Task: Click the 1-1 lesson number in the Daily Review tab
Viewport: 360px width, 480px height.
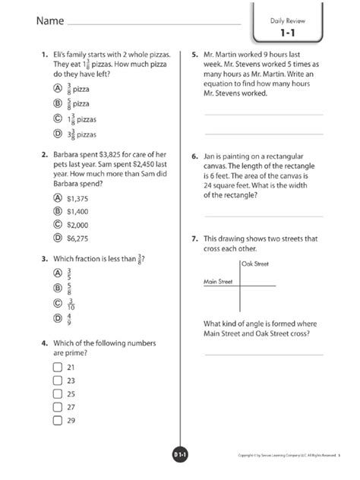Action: click(x=286, y=34)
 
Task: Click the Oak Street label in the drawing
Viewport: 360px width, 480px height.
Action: click(x=256, y=264)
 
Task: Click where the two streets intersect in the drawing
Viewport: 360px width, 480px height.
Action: click(x=239, y=286)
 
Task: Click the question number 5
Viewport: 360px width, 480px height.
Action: click(x=195, y=55)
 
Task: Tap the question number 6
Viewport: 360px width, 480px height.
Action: click(x=195, y=153)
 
